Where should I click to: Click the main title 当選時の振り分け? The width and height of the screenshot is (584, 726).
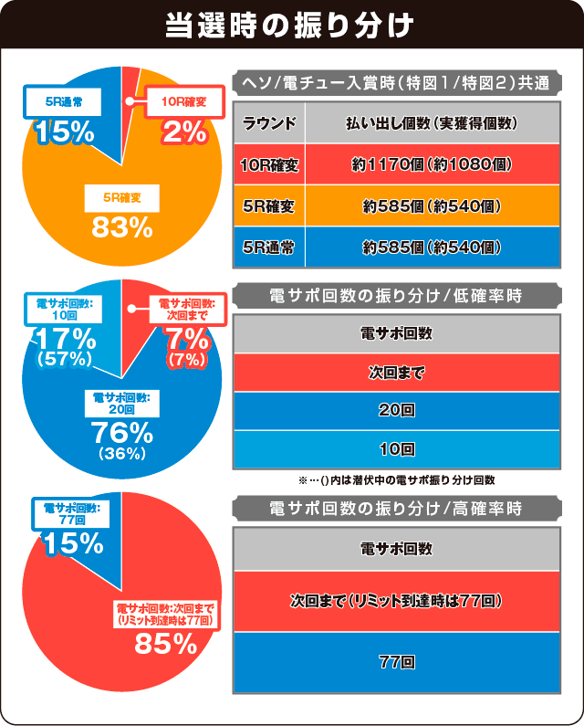[291, 25]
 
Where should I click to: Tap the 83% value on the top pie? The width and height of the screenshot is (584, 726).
[120, 226]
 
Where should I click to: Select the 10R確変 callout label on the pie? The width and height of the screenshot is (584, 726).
[184, 102]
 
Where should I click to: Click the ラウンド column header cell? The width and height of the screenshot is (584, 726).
[269, 123]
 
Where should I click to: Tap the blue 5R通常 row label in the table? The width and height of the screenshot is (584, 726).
[269, 247]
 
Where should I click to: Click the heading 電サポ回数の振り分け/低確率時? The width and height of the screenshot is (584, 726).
[396, 295]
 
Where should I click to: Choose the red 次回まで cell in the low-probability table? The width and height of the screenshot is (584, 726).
[396, 374]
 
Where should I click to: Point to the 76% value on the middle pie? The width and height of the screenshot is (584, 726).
[121, 432]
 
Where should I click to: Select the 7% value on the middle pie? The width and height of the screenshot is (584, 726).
[185, 338]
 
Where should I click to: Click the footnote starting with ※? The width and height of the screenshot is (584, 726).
[396, 479]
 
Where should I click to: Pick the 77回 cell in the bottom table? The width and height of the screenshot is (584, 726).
[396, 661]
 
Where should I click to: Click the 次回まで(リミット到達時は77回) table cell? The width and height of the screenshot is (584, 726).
[396, 602]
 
